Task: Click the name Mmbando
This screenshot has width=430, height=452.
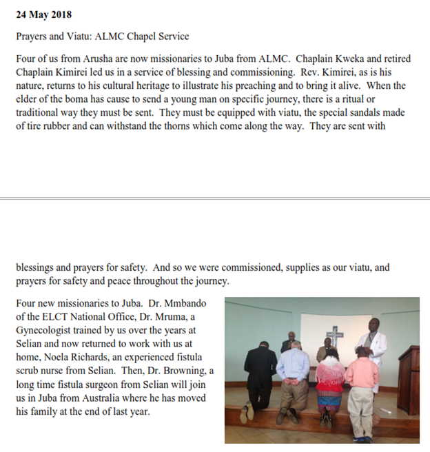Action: pos(185,303)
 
